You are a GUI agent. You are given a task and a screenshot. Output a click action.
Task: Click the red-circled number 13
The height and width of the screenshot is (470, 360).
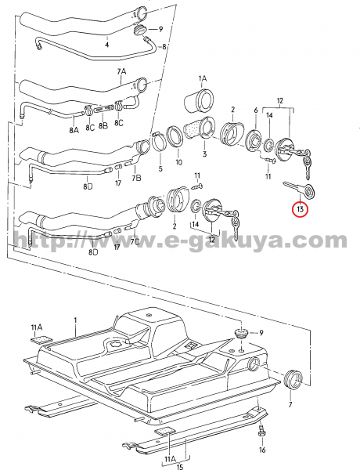click(x=301, y=208)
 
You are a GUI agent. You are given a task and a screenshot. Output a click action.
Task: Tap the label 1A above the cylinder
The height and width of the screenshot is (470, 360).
click(x=203, y=79)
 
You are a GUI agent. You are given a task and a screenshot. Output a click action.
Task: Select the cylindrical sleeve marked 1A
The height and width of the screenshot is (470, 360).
click(x=199, y=100)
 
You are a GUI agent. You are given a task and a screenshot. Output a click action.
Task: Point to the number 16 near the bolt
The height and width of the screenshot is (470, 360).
click(x=262, y=450)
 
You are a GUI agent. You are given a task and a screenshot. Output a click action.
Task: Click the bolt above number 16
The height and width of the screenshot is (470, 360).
click(x=261, y=431)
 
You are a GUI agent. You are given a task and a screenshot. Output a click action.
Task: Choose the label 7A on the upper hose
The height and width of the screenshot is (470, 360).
click(x=121, y=71)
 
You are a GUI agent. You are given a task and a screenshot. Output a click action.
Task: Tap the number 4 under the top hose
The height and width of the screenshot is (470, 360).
click(x=107, y=45)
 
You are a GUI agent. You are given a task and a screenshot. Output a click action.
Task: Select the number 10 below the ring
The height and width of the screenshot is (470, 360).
click(x=178, y=162)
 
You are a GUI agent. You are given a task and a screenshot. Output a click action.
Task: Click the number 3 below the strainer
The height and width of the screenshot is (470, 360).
click(x=204, y=154)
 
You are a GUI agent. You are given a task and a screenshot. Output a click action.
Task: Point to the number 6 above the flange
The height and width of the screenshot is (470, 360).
click(x=256, y=110)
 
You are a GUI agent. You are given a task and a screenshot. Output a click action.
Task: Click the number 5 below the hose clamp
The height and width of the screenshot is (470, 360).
click(x=160, y=168)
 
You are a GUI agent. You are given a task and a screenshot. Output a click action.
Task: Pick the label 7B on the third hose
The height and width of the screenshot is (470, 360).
click(x=137, y=178)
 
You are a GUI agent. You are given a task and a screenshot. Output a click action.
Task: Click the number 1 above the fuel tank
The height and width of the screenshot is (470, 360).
click(x=75, y=320)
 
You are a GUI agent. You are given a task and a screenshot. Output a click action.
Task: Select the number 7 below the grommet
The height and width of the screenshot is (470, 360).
click(x=290, y=405)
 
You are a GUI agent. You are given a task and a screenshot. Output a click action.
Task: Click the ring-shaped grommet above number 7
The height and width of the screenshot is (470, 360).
click(x=292, y=379)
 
